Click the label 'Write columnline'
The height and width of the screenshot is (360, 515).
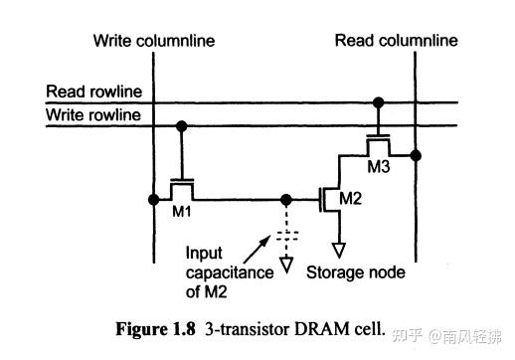pos(153,41)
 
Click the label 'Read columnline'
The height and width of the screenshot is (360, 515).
pos(396,41)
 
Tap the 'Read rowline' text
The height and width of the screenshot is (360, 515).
pos(93,92)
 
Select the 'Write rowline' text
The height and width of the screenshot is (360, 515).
pos(93,115)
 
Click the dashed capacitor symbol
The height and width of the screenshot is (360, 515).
pos(287,236)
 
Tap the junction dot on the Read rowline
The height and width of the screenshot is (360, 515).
pos(377,101)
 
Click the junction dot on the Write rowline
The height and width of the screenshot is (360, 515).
pos(181,125)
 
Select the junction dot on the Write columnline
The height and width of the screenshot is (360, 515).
pos(153,198)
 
